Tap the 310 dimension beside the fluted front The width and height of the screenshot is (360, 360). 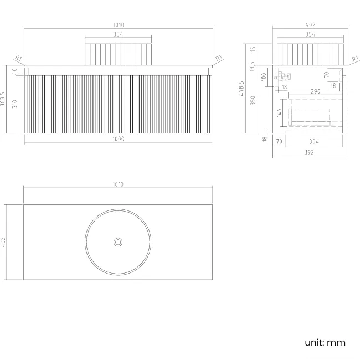click(16, 104)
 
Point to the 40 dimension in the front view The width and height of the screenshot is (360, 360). click(16, 70)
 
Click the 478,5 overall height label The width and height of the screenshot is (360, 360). click(241, 89)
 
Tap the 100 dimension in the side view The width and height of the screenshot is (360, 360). click(264, 76)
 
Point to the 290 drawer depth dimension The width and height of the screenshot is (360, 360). click(315, 91)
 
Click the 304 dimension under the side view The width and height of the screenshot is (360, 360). click(313, 142)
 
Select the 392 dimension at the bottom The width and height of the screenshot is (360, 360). click(310, 152)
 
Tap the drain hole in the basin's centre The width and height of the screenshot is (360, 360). click(118, 242)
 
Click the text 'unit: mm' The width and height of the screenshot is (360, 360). click(325, 342)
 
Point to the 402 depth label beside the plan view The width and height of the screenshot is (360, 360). click(4, 242)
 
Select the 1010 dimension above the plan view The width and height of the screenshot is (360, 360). click(117, 184)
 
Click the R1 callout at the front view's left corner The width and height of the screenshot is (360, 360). click(18, 58)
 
